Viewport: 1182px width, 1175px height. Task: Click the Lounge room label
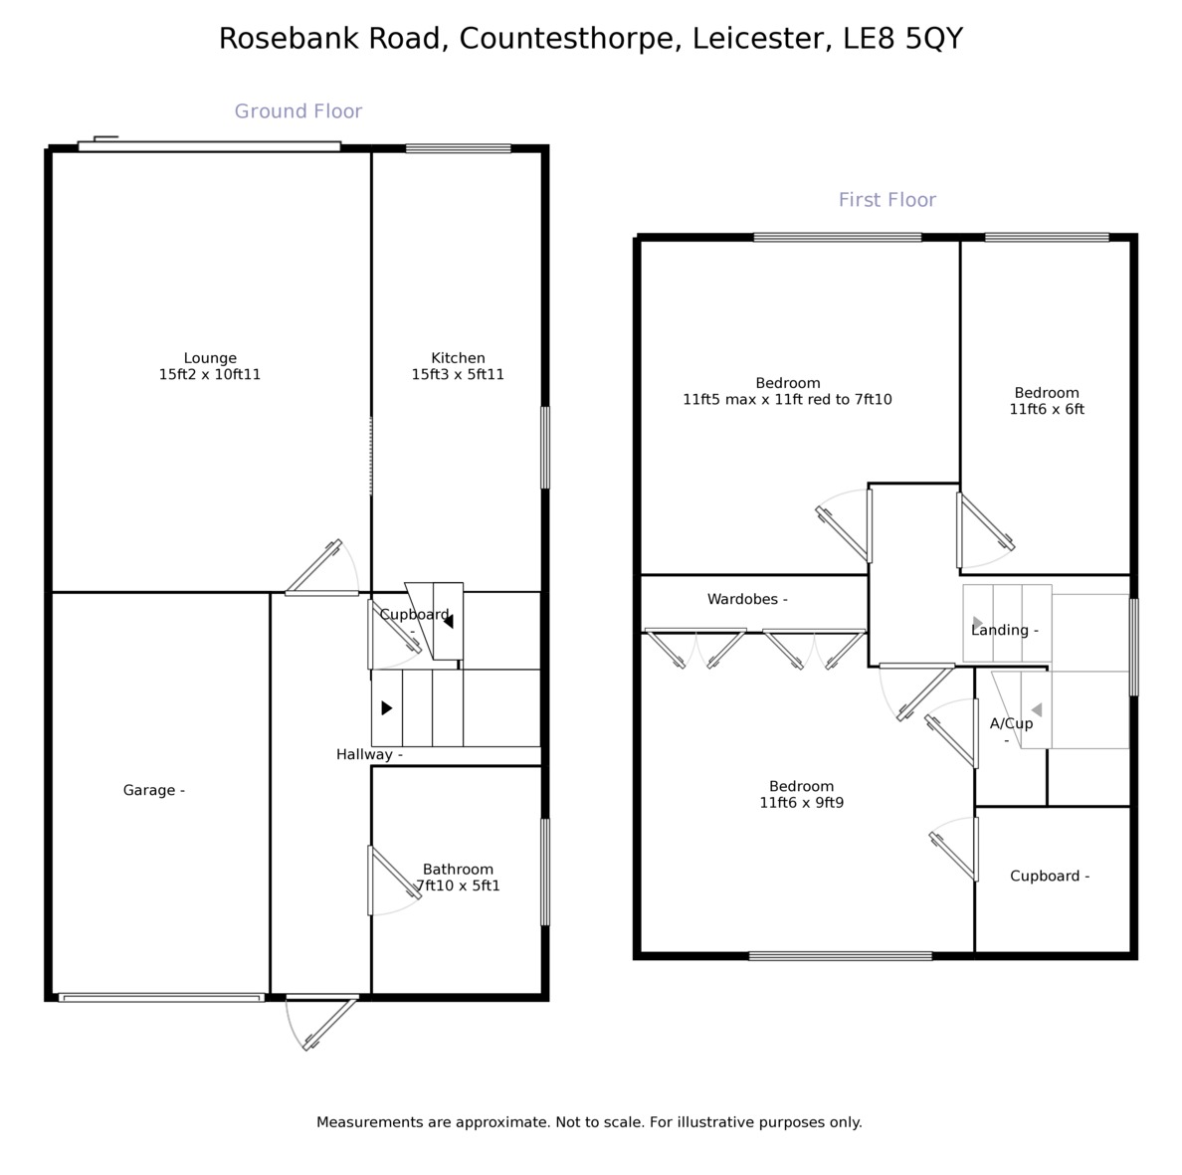tap(210, 358)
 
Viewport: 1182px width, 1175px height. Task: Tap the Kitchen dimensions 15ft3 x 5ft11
tap(458, 375)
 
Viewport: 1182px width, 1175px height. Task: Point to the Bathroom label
tap(458, 869)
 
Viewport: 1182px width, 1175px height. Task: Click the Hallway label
tap(364, 755)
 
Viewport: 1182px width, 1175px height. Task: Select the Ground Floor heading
tap(298, 111)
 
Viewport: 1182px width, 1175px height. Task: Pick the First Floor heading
tap(887, 200)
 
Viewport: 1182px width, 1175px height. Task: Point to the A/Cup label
tap(1011, 723)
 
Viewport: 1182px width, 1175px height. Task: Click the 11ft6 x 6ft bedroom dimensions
tap(1047, 409)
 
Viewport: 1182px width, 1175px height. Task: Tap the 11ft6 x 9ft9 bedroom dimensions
tap(801, 802)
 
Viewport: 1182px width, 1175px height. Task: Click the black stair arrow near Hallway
tap(386, 708)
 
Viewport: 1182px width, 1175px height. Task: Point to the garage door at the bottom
tap(160, 997)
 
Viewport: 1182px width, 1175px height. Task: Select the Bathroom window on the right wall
tap(544, 872)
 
